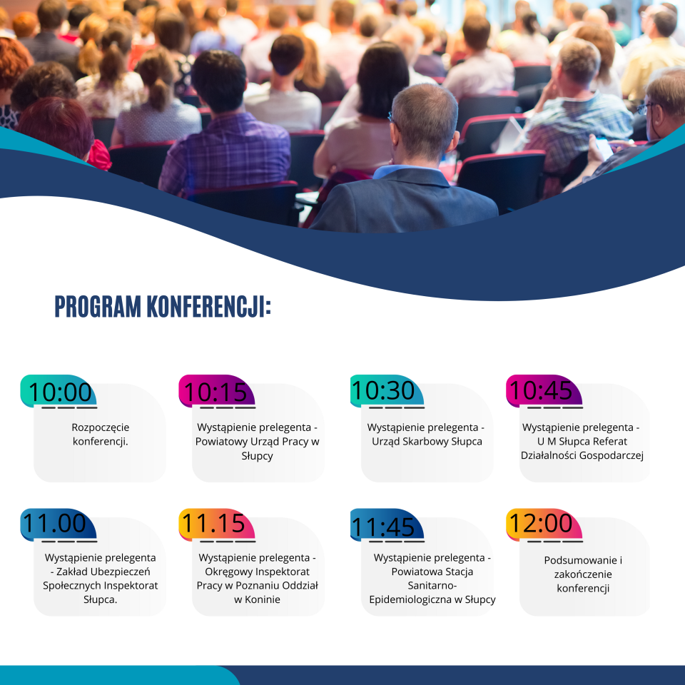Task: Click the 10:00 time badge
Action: point(58,391)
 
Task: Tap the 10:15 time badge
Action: point(216,391)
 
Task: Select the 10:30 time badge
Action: point(387,391)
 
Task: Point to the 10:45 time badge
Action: point(544,391)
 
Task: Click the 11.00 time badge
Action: point(58,524)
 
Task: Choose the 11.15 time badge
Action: point(216,524)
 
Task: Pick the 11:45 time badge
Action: point(387,524)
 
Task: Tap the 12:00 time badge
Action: point(544,524)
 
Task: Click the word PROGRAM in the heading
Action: point(98,306)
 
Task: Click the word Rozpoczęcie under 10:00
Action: point(101,427)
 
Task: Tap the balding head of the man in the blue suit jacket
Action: point(424,117)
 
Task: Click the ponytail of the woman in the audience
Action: point(158,94)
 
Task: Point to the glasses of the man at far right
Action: point(646,108)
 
